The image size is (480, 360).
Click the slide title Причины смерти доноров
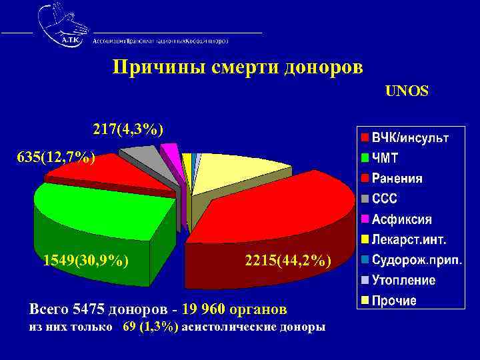238,68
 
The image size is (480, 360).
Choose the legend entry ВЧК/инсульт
410,138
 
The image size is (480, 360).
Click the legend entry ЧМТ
385,159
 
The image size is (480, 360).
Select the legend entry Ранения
397,179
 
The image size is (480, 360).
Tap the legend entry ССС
385,199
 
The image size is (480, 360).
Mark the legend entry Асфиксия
401,219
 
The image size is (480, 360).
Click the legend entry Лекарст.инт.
409,239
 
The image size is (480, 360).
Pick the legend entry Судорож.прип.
417,260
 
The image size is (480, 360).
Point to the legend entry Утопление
403,280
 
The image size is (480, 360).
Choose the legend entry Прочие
394,301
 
